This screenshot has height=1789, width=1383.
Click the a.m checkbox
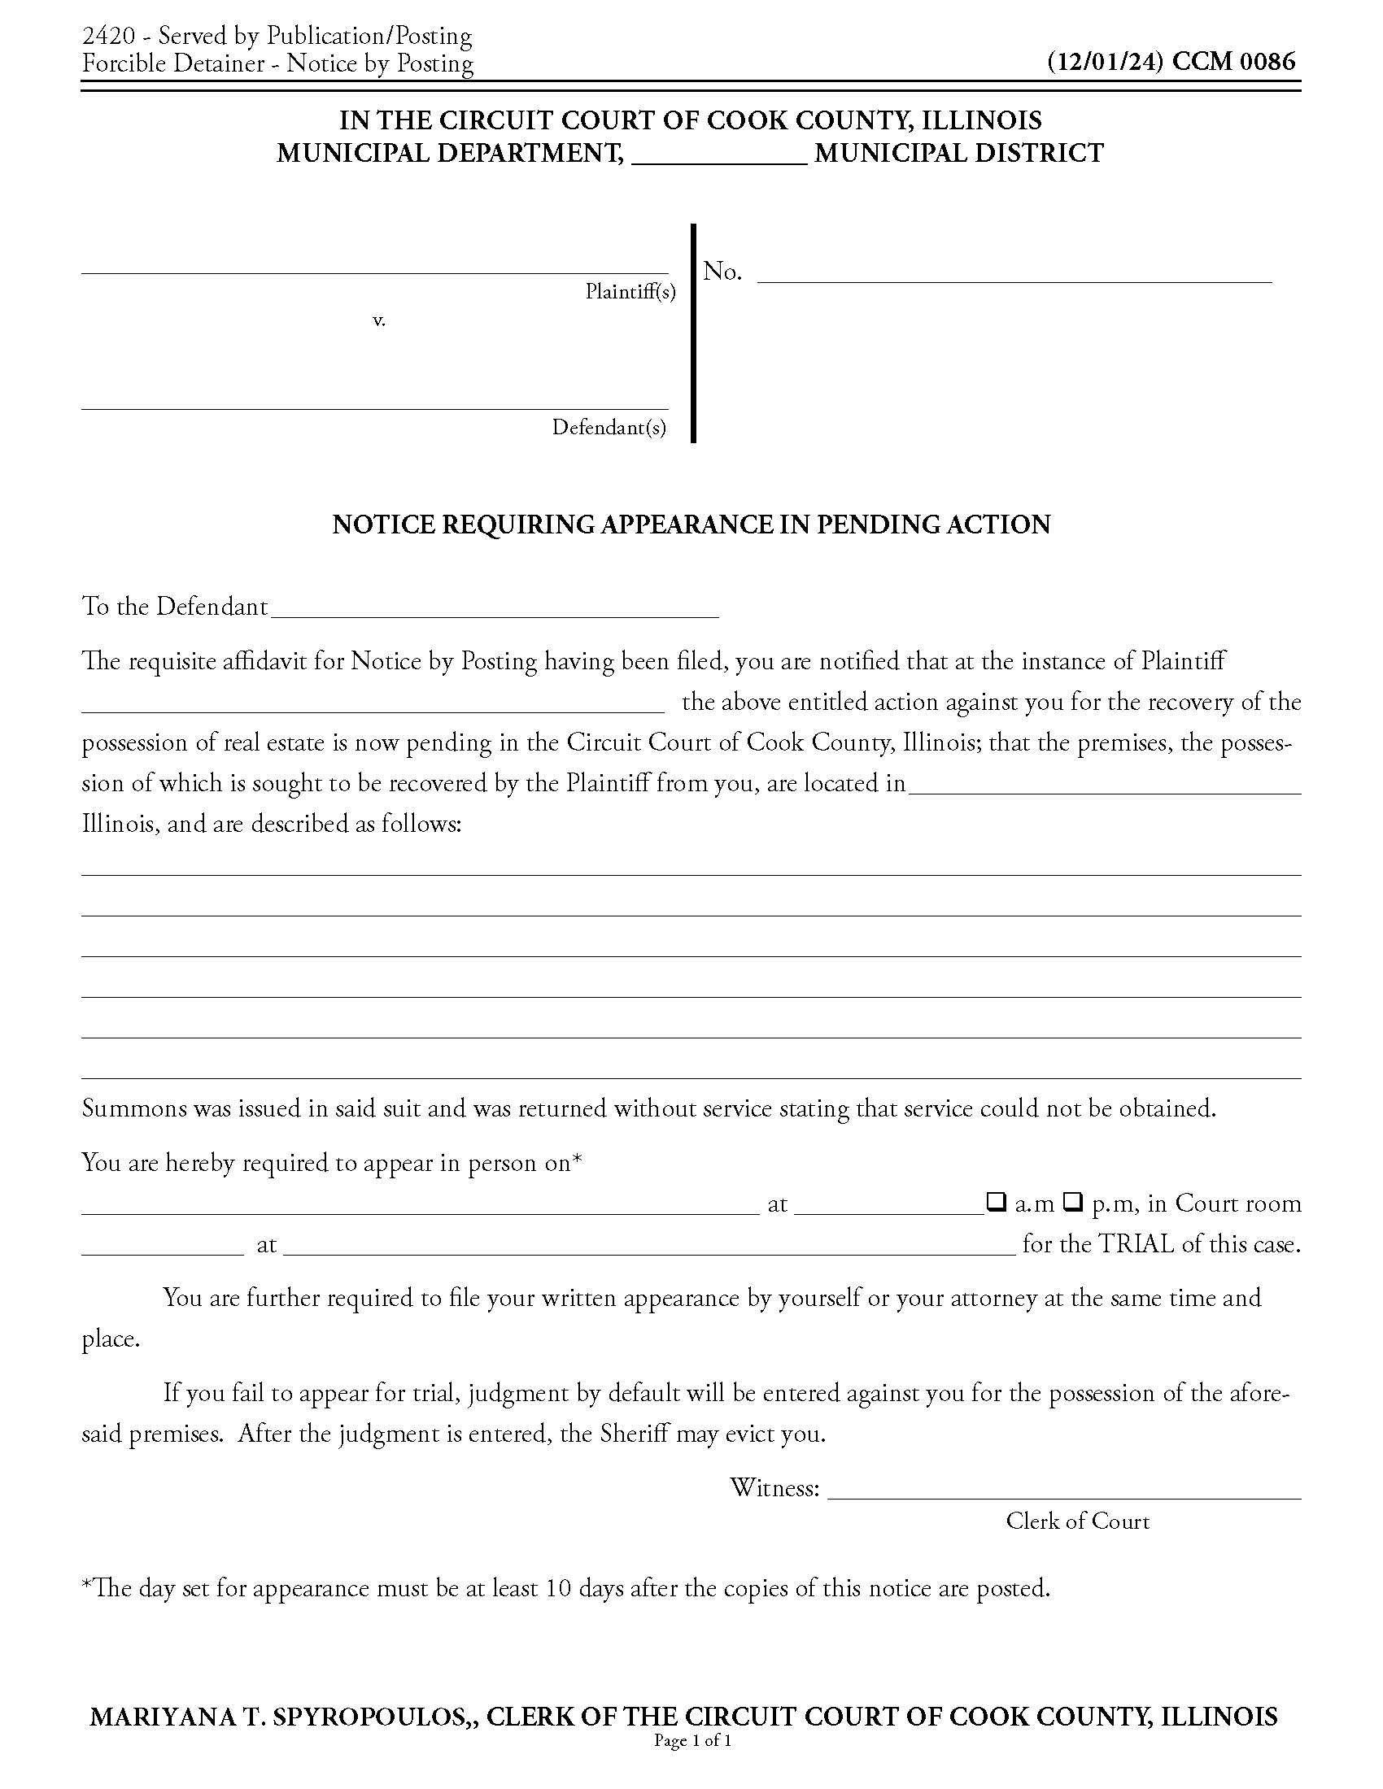pyautogui.click(x=996, y=1202)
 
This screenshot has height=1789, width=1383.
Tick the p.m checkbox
pyautogui.click(x=1072, y=1202)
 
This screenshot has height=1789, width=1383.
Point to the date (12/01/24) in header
pyautogui.click(x=1106, y=62)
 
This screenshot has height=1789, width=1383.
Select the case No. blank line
pyautogui.click(x=1014, y=273)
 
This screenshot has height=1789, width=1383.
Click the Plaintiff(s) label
pyautogui.click(x=630, y=292)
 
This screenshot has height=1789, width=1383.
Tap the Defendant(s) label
pyautogui.click(x=609, y=427)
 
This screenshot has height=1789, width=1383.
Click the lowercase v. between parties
pyautogui.click(x=378, y=320)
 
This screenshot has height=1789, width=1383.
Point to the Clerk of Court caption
pyautogui.click(x=1077, y=1521)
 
